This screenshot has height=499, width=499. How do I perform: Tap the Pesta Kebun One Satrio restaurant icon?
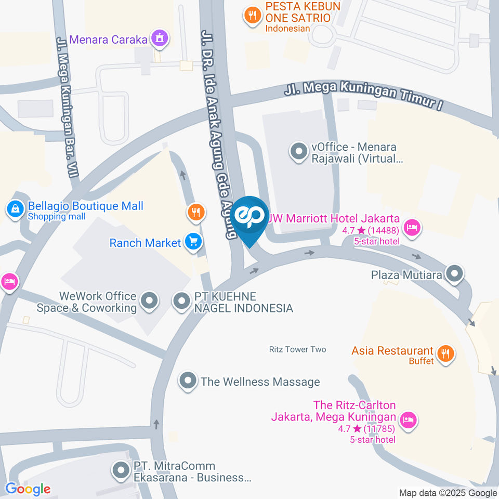(x=253, y=17)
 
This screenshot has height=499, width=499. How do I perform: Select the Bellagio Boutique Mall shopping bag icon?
(x=16, y=209)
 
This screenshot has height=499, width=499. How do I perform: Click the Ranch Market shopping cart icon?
(x=194, y=242)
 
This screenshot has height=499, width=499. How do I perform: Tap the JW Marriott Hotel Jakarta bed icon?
(x=412, y=227)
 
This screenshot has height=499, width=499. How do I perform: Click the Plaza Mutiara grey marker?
(x=455, y=274)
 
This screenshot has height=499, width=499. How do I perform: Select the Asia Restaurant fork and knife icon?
(x=445, y=354)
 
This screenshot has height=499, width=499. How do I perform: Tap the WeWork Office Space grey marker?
(x=150, y=301)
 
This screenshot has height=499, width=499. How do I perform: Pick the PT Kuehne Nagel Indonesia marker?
(x=181, y=301)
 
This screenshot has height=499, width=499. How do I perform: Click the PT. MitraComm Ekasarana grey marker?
(x=121, y=471)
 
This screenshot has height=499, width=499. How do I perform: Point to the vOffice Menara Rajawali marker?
(x=298, y=153)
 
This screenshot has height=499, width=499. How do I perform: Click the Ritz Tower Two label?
(x=297, y=349)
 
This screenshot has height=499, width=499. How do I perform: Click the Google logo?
(x=28, y=489)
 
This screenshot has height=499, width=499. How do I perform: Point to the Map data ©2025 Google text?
(x=448, y=493)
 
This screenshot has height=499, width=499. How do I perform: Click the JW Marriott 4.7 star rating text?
(x=370, y=230)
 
